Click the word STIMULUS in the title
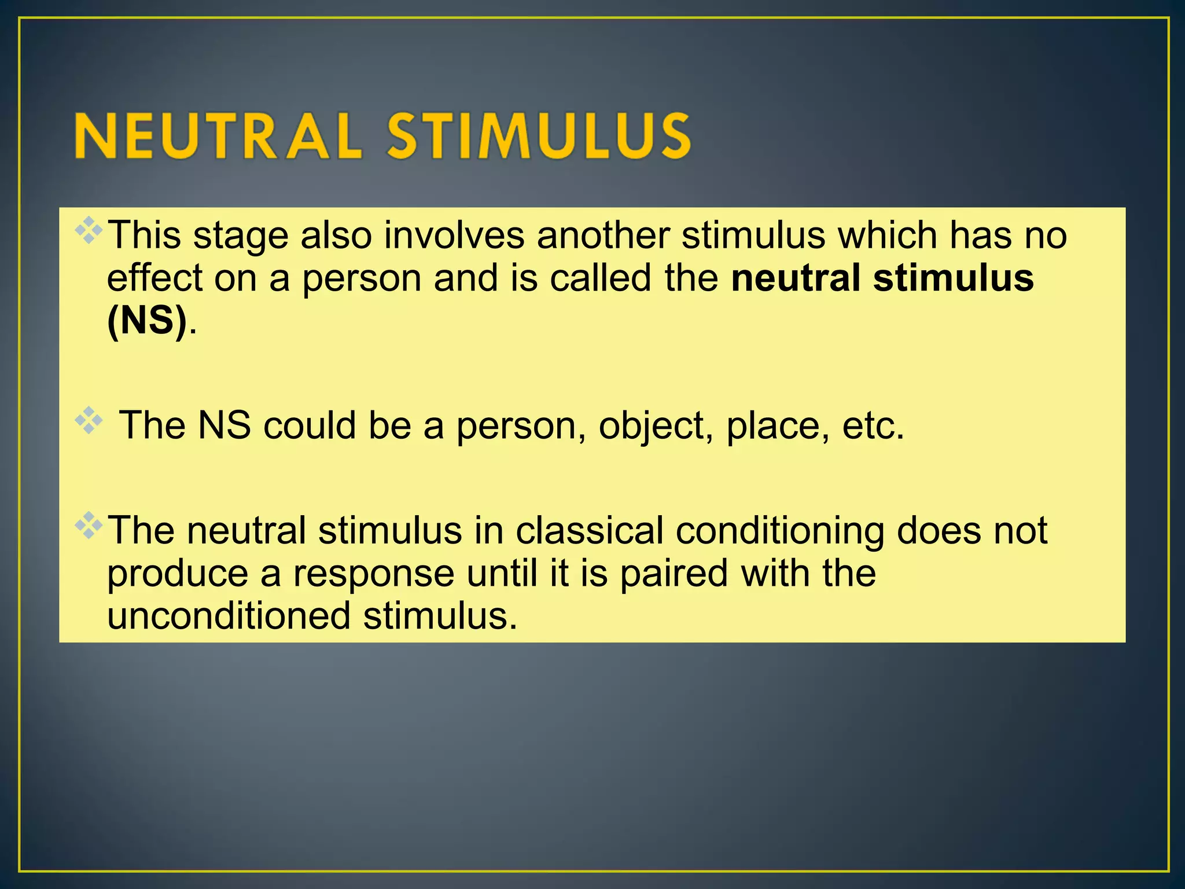point(539,137)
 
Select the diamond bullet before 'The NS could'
point(89,421)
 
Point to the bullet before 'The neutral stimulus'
point(89,526)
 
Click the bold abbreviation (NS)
point(147,321)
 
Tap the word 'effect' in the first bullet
point(155,278)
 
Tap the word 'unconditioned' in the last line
point(229,616)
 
